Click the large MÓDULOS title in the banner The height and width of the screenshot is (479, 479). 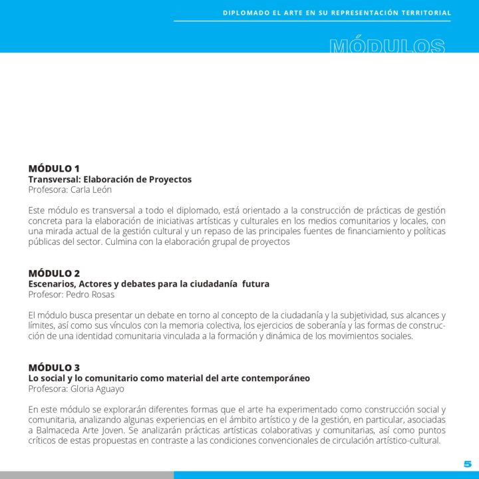[387, 46]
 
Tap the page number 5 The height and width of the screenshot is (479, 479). [467, 464]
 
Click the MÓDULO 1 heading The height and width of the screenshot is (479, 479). [54, 168]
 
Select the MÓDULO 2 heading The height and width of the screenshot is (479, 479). [54, 273]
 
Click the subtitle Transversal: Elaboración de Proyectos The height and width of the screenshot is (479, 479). [110, 180]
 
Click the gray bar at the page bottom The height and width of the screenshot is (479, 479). [86, 475]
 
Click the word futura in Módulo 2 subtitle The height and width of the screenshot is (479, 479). [255, 284]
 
